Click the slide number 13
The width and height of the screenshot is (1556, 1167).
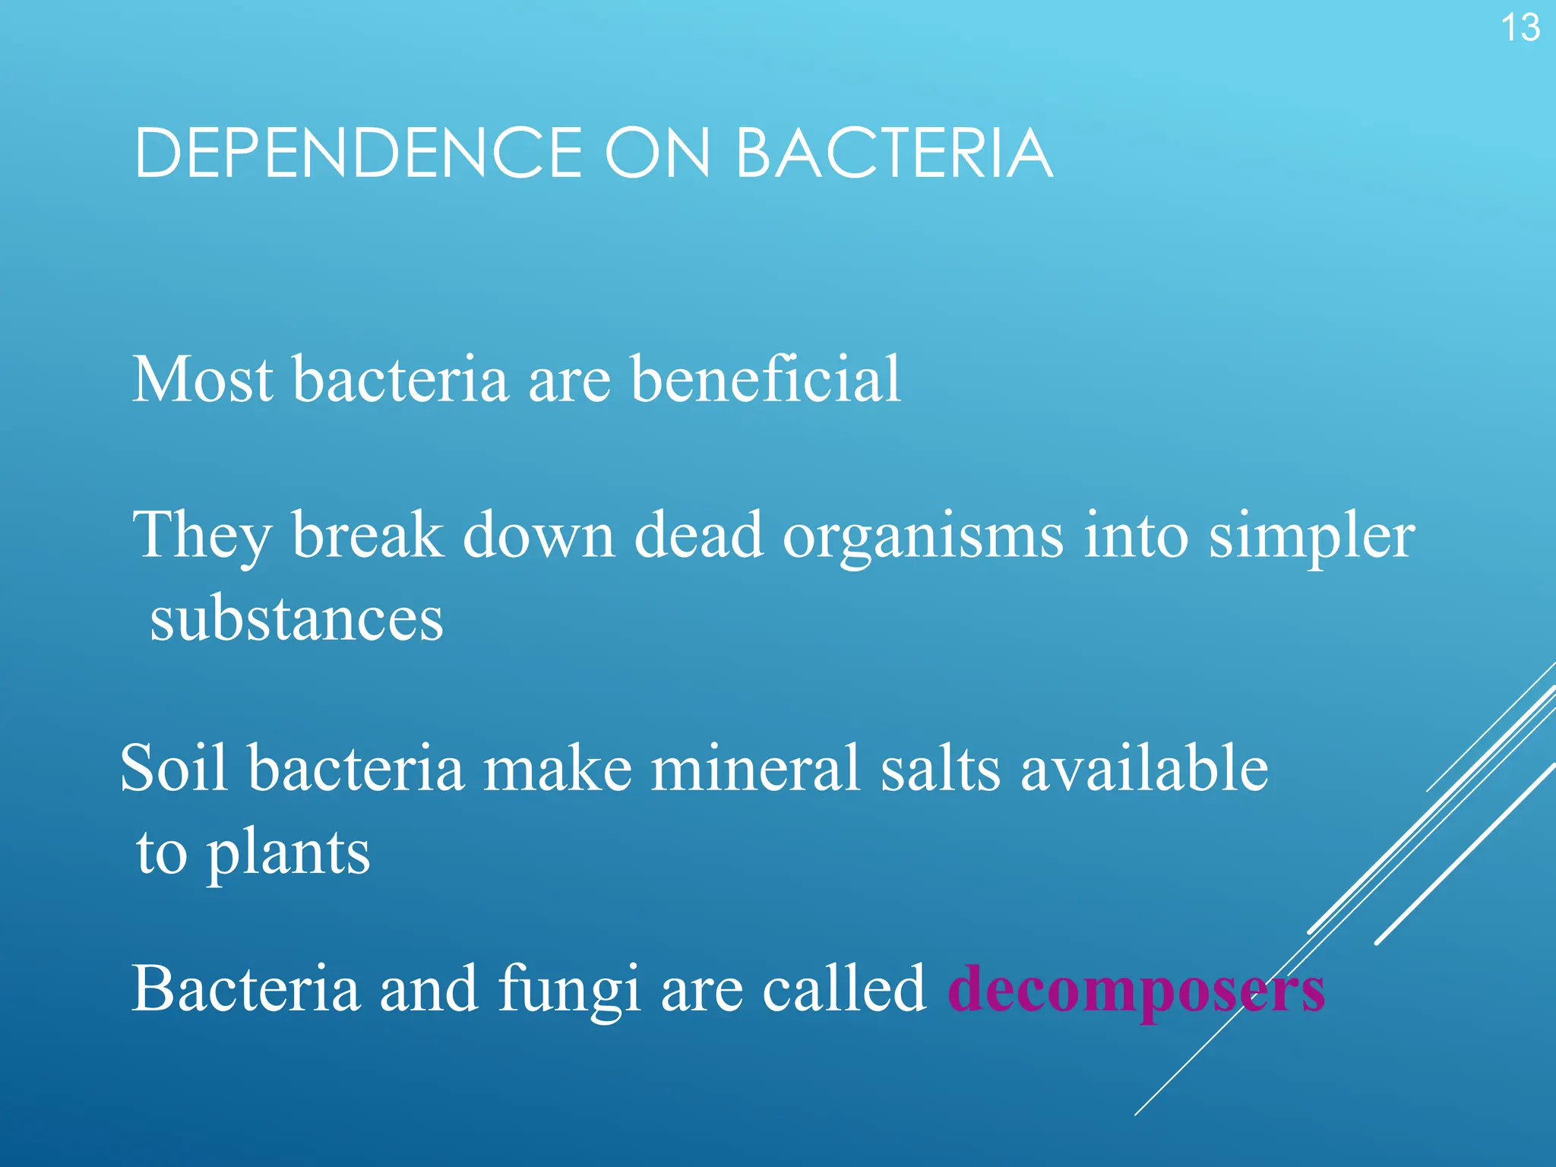coord(1520,29)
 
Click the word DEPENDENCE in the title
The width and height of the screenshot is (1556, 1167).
coord(358,154)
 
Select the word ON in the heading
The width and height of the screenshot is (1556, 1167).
coord(657,154)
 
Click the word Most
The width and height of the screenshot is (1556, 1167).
coord(202,379)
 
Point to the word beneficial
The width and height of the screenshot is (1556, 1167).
coord(765,379)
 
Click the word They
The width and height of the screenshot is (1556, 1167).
coord(202,536)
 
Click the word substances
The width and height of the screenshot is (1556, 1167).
coord(296,619)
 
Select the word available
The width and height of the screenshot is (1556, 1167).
coord(1143,769)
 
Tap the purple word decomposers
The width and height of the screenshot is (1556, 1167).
coord(1136,991)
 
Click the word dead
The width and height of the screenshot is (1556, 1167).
coord(698,536)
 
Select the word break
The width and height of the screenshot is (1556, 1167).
coord(368,536)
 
